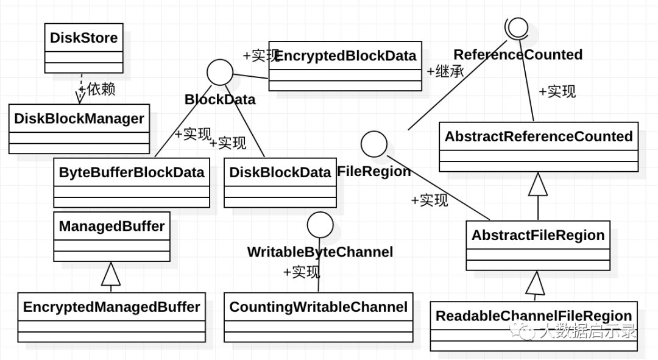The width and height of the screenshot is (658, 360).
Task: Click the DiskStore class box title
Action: [84, 38]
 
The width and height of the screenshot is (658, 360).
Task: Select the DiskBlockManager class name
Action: [79, 119]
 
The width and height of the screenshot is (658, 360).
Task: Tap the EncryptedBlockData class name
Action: [345, 56]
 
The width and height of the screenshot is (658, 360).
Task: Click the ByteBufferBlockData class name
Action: [132, 172]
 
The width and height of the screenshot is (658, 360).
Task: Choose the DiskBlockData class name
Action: [280, 172]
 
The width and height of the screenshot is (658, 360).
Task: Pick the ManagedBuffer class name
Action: [111, 226]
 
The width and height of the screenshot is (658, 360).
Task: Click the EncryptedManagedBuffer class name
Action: [111, 307]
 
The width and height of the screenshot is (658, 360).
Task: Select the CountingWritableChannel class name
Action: [319, 307]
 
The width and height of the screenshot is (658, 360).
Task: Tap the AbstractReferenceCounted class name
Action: [539, 136]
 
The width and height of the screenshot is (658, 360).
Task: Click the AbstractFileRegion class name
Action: [538, 235]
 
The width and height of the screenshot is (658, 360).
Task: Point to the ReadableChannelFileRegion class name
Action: [534, 316]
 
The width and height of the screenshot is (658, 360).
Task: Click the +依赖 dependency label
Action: [97, 90]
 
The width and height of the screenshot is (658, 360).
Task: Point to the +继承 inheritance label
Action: [445, 71]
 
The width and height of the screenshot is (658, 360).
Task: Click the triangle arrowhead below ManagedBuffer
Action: [111, 274]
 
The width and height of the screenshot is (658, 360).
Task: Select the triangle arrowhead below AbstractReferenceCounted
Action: [538, 184]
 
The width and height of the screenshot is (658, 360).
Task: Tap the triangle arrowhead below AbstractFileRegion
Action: [536, 283]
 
